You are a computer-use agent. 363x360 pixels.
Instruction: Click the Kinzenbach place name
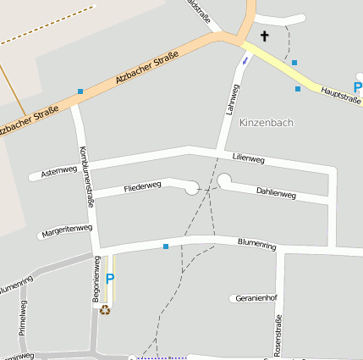(267, 123)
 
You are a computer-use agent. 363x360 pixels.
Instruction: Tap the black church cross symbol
(265, 36)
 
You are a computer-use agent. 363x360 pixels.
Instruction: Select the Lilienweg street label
(248, 158)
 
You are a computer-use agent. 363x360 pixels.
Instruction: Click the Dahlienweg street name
(276, 194)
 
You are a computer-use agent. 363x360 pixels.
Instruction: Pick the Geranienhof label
(256, 298)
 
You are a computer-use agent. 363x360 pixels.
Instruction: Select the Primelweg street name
(23, 318)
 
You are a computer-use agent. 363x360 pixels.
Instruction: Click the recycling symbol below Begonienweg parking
(105, 309)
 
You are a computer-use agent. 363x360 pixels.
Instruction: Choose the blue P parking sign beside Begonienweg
(109, 280)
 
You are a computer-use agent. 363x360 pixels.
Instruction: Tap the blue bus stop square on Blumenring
(166, 246)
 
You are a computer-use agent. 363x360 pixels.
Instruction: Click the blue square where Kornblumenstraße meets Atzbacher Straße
(80, 91)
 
